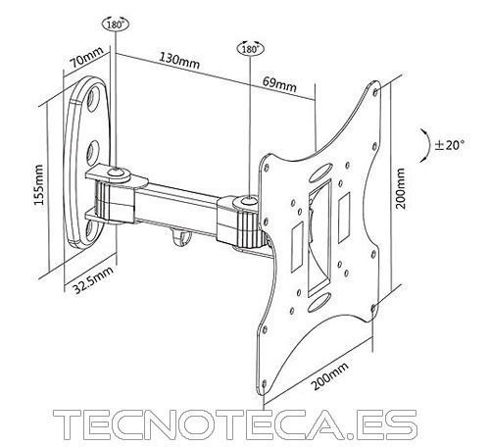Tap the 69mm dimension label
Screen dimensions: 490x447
(x=279, y=84)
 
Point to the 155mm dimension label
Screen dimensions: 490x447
(x=39, y=184)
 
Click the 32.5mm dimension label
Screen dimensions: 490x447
(x=93, y=279)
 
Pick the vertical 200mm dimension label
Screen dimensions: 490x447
(x=400, y=188)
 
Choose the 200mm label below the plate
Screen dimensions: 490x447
(x=329, y=375)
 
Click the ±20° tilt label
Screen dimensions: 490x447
(x=449, y=144)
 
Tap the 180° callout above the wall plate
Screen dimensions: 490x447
(x=116, y=24)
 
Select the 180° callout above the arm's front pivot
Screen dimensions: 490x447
(x=251, y=49)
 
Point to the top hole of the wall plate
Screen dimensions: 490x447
(x=95, y=96)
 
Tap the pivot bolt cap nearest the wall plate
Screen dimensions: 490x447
(x=116, y=172)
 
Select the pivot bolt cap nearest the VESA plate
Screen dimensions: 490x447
(x=248, y=200)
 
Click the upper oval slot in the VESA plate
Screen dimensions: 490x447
(x=319, y=174)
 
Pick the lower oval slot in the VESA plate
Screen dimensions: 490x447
(x=319, y=302)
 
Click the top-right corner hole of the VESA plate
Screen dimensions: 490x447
(x=375, y=90)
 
